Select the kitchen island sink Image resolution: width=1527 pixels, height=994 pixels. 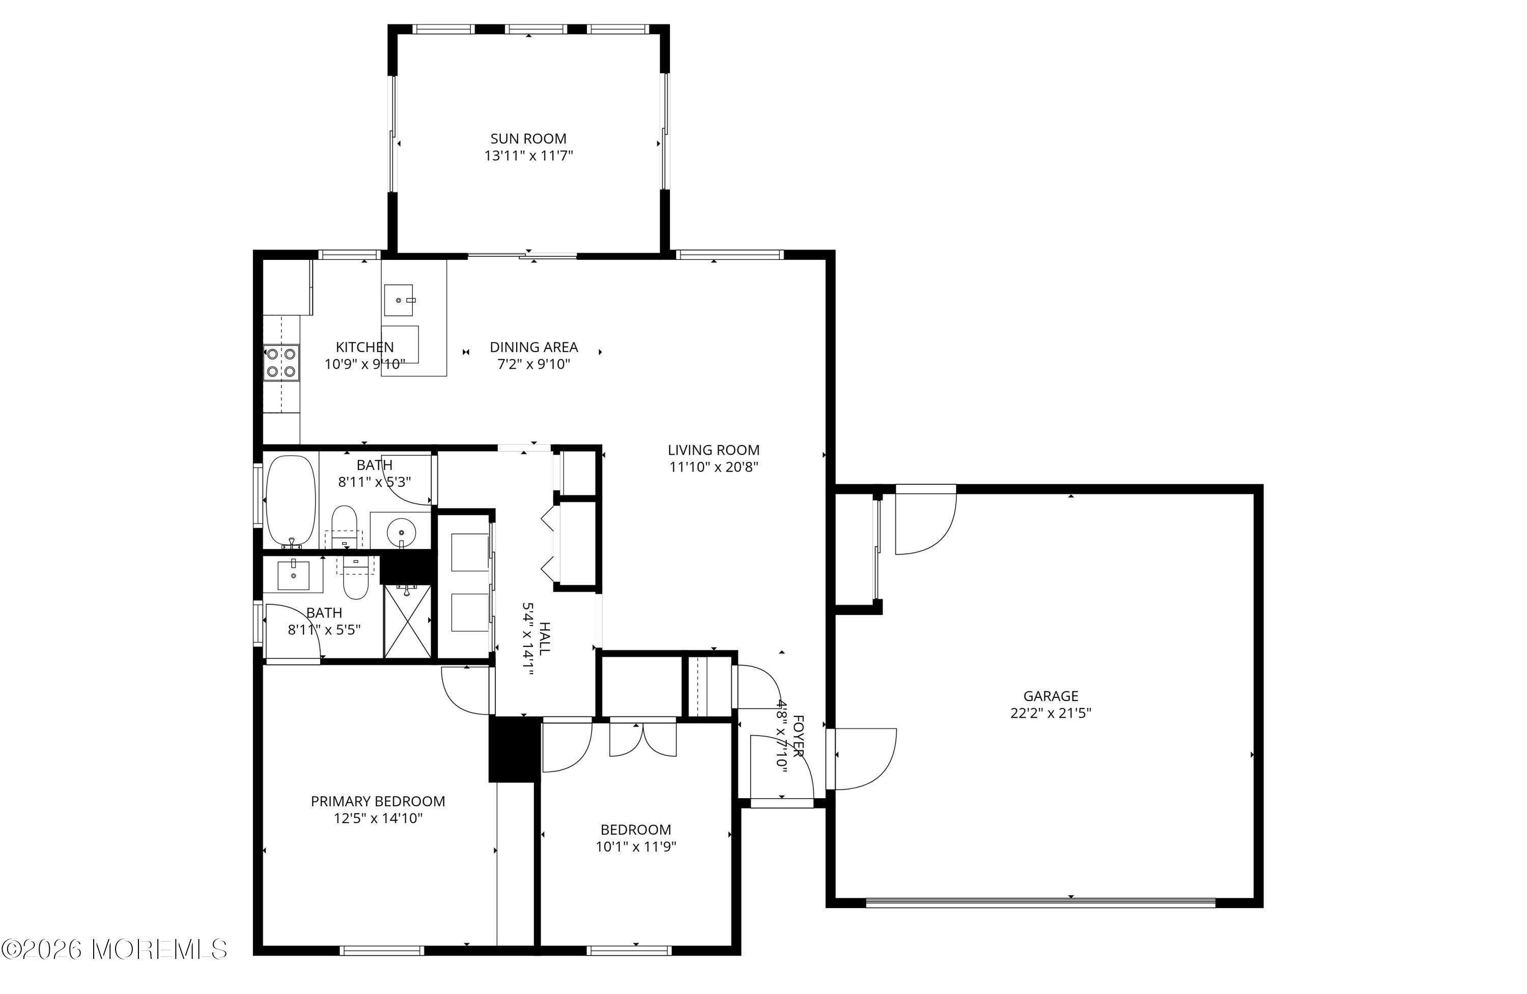click(400, 300)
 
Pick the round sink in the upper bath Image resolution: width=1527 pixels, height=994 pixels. click(402, 531)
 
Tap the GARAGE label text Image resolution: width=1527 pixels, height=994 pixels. click(1050, 696)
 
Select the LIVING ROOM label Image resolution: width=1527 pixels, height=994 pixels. click(714, 450)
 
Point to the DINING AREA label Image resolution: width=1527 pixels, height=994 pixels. click(534, 347)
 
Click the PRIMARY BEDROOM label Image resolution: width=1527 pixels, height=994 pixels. click(378, 801)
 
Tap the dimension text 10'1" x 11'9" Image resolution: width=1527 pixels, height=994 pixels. click(636, 846)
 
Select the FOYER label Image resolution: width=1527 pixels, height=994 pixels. click(798, 736)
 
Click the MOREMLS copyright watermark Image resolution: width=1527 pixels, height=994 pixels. click(114, 949)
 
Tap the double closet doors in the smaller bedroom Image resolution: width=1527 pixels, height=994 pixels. click(642, 739)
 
